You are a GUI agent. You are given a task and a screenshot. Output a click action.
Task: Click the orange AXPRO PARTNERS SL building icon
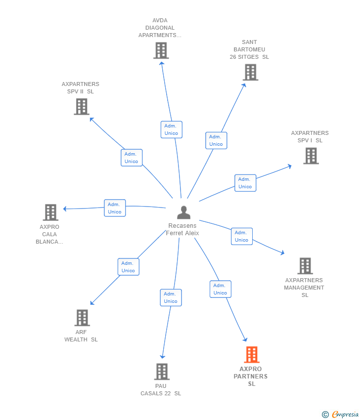point(252,355)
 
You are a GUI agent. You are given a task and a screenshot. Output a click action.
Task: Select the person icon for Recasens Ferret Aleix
point(183,213)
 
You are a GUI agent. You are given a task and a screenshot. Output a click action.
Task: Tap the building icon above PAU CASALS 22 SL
point(162,372)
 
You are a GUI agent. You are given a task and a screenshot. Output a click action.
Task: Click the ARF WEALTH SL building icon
point(82,318)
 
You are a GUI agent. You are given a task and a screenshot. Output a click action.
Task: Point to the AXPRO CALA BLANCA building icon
point(50,212)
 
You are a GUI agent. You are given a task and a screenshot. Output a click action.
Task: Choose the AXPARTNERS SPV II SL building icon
point(81,106)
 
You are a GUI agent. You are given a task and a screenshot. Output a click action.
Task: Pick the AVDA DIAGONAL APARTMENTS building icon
point(161,50)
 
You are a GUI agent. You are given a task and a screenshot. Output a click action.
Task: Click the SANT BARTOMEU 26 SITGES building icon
point(250,72)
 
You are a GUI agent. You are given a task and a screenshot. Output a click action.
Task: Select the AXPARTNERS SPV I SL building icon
point(311,156)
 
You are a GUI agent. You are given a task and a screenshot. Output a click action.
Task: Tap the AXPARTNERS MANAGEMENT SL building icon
point(305,266)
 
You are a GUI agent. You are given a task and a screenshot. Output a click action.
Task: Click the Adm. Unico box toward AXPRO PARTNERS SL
point(220,289)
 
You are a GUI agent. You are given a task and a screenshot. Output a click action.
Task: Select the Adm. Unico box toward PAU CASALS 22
point(171,297)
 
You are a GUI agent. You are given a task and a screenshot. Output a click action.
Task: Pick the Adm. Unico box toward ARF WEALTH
point(128,267)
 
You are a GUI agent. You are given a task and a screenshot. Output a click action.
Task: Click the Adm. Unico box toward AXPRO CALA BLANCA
point(115,208)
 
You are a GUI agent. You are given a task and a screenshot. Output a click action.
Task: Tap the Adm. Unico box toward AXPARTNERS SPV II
point(132,158)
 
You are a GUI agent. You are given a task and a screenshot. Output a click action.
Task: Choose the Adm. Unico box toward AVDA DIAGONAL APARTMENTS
point(172,129)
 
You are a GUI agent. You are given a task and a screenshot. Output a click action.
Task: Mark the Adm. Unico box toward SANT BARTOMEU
point(216,140)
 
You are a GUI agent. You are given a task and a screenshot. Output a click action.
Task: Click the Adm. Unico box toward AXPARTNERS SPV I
point(245,183)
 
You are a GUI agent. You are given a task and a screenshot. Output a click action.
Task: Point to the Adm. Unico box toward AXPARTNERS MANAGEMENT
point(241,236)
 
